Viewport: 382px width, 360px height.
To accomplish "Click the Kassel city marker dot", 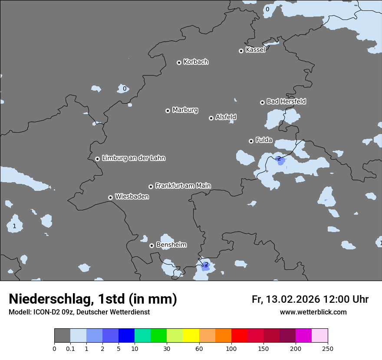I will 241,51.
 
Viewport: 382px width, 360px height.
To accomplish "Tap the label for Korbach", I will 196,62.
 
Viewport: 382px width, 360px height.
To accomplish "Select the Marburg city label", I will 185,110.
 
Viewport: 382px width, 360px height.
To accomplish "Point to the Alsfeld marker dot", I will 211,118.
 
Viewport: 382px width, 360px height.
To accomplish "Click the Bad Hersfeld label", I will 286,101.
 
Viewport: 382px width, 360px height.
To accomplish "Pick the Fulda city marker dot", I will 251,141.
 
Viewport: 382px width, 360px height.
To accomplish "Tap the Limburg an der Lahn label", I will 133,158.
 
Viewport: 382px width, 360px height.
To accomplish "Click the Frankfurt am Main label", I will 183,186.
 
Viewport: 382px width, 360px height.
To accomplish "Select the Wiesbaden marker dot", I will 110,197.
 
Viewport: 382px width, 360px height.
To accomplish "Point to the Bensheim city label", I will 171,245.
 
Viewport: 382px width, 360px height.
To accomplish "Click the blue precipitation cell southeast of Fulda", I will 281,162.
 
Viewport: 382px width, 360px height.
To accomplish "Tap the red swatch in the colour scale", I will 239,336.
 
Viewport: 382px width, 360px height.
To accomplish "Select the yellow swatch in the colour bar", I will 191,336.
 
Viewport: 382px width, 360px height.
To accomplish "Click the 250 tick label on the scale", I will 328,348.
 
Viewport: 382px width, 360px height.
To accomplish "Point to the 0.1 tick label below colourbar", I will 70,348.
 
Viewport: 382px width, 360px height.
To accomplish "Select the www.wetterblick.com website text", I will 313,312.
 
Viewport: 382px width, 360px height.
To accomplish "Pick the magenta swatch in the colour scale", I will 303,336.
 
